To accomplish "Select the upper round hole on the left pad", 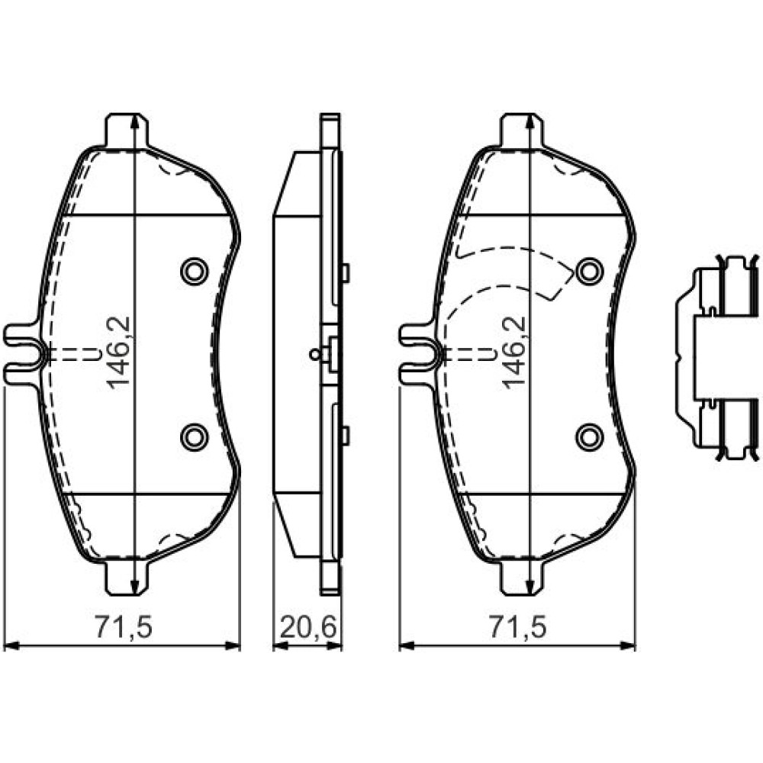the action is coord(194,271).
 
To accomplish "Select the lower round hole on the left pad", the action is coord(194,436).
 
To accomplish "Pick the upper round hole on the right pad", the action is coord(589,271).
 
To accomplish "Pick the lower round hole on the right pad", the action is coord(589,436).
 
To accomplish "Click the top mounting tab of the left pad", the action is coord(127,130).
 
